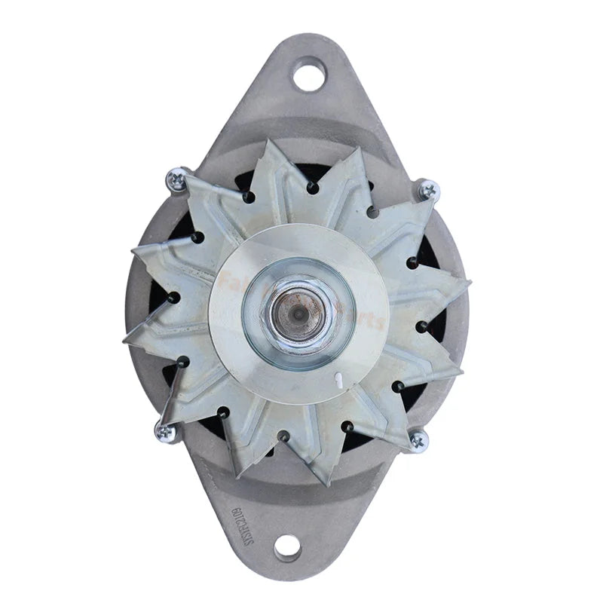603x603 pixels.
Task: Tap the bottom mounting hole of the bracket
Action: click(x=289, y=546)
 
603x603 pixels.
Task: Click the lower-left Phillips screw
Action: click(x=164, y=431)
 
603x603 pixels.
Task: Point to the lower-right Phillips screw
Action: click(x=418, y=439)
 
